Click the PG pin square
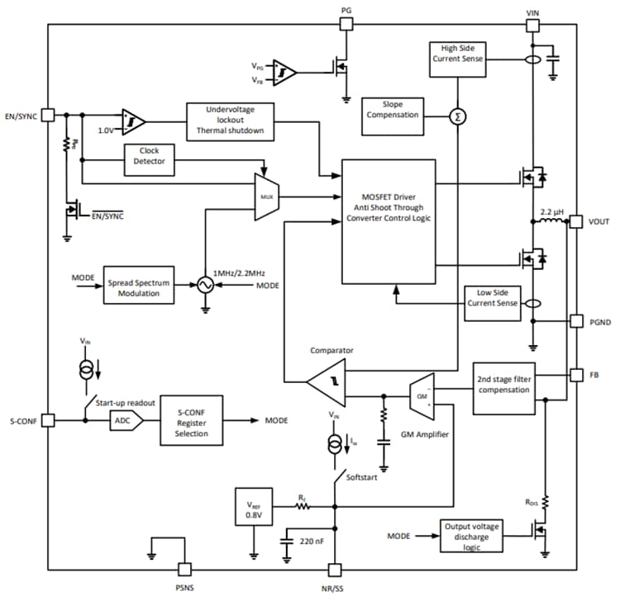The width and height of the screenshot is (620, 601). pyautogui.click(x=346, y=24)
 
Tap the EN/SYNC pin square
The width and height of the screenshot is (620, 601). pyautogui.click(x=48, y=116)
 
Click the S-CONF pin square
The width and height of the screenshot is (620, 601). pyautogui.click(x=48, y=420)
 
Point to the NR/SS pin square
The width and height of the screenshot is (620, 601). pyautogui.click(x=335, y=570)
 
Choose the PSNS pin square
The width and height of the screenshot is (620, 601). pyautogui.click(x=184, y=570)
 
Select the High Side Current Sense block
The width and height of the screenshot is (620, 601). pyautogui.click(x=458, y=59)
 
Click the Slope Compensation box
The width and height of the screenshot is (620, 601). pyautogui.click(x=392, y=110)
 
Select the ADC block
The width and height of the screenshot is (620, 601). pyautogui.click(x=125, y=420)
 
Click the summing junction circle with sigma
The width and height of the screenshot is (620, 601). pyautogui.click(x=457, y=117)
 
